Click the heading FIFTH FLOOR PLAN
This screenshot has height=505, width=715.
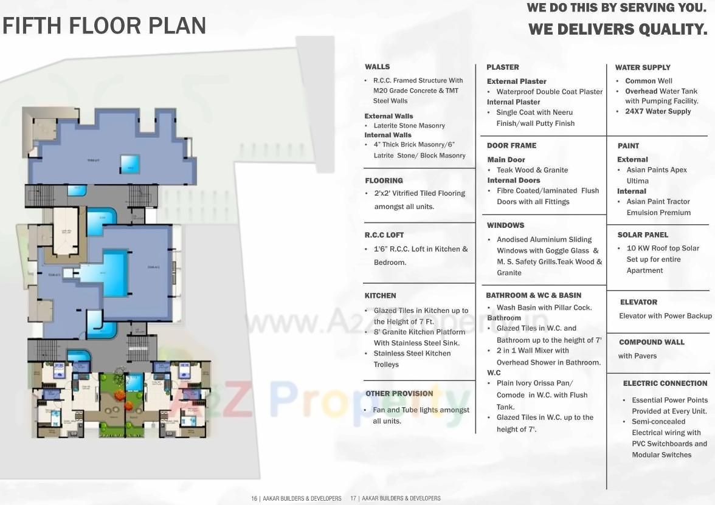click(x=104, y=26)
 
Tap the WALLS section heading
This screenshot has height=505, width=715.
click(x=377, y=67)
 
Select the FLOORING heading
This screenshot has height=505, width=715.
click(x=384, y=180)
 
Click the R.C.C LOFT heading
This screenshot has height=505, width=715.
click(x=384, y=235)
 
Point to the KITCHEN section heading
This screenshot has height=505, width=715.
click(x=380, y=295)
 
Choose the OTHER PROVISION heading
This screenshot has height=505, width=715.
click(x=399, y=394)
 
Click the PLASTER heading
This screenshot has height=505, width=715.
click(x=502, y=67)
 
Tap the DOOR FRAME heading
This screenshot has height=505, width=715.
click(x=511, y=146)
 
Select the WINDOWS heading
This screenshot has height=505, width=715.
click(x=505, y=225)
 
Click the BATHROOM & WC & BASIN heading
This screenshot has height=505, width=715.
click(x=533, y=295)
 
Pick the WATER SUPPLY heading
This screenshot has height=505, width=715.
click(x=643, y=67)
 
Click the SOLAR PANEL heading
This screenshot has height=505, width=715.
click(x=643, y=235)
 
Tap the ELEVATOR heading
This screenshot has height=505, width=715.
click(x=638, y=302)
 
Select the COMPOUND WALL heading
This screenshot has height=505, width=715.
click(x=652, y=342)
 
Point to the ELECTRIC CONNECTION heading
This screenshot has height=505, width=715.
click(x=665, y=383)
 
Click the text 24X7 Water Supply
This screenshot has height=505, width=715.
click(x=658, y=112)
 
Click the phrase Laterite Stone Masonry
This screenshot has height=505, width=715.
click(x=409, y=126)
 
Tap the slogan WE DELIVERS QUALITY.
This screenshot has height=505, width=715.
click(x=618, y=29)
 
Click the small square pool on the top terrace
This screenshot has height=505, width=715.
click(x=130, y=162)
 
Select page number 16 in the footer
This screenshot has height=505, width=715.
click(x=254, y=498)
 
